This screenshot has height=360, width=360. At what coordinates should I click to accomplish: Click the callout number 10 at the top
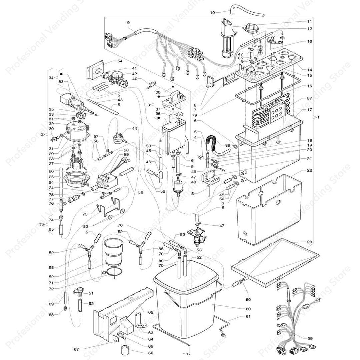tap(212, 13)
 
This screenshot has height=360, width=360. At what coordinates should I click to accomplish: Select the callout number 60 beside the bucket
tap(248, 309)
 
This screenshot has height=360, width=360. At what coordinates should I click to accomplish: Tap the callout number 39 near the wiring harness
tap(310, 338)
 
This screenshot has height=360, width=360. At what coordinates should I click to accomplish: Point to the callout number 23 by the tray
tap(310, 242)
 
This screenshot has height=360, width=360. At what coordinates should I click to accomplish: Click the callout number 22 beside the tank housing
tap(310, 170)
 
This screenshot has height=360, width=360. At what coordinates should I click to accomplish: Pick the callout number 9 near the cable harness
tap(128, 22)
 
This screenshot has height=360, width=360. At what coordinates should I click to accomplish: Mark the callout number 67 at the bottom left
tap(77, 349)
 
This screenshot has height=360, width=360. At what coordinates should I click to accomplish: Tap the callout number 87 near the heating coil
tap(310, 99)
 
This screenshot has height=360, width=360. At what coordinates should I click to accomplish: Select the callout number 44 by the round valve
tap(134, 129)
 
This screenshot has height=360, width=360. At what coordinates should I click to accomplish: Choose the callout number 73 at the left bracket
tap(41, 225)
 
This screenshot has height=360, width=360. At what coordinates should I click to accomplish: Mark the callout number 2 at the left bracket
tap(42, 134)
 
